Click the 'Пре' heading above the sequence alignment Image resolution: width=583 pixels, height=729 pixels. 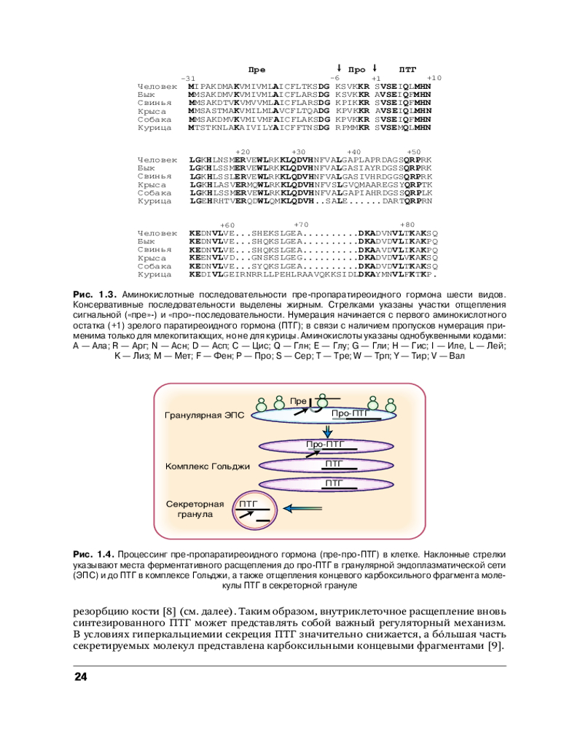tap(257, 70)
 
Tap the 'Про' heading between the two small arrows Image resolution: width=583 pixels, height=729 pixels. tap(356, 70)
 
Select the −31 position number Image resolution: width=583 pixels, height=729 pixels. tap(188, 79)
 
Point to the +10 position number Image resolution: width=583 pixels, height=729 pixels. tap(434, 78)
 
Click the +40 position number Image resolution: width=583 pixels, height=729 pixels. tap(353, 152)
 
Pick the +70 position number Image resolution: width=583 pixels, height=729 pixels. tap(301, 225)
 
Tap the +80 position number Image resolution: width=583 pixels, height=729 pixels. tap(407, 225)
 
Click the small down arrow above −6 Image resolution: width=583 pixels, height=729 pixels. tap(340, 68)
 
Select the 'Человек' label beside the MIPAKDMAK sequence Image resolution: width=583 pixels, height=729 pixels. tap(157, 87)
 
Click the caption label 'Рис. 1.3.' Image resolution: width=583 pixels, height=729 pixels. tap(95, 295)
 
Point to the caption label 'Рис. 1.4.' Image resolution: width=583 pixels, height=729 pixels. tap(93, 555)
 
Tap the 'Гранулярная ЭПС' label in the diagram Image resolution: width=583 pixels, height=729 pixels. tap(205, 416)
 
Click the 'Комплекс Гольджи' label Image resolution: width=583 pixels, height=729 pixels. tap(208, 466)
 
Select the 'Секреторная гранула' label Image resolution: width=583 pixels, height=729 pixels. tap(195, 509)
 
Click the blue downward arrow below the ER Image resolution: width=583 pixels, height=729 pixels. tap(328, 432)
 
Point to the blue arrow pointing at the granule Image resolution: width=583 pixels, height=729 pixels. tap(302, 509)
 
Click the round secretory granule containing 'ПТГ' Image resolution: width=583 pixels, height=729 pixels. tap(255, 510)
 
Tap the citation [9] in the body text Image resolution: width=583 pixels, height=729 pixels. tap(496, 646)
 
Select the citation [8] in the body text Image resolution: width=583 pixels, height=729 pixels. tap(168, 612)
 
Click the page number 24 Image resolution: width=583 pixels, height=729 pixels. tap(81, 677)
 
